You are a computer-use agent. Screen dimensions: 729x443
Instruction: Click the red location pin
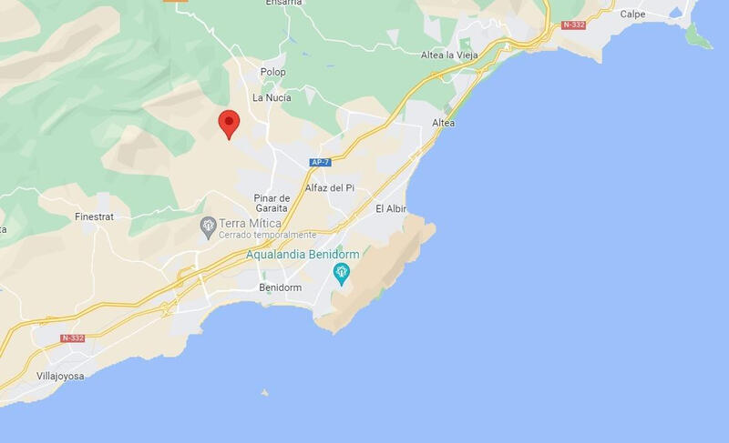[229, 122]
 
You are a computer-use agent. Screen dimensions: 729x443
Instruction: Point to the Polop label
[272, 72]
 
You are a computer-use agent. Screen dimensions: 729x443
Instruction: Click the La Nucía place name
[272, 97]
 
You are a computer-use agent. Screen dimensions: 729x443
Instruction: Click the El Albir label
[391, 208]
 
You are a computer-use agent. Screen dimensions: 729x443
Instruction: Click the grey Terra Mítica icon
[208, 224]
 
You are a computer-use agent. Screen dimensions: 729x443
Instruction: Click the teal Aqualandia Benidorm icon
[343, 272]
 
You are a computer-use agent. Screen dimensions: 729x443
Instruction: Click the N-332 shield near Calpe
[574, 25]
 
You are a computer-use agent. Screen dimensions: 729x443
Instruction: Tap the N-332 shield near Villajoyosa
[73, 337]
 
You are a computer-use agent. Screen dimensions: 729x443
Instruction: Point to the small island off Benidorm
[265, 393]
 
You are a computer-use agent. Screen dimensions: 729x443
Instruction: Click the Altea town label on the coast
[443, 122]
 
